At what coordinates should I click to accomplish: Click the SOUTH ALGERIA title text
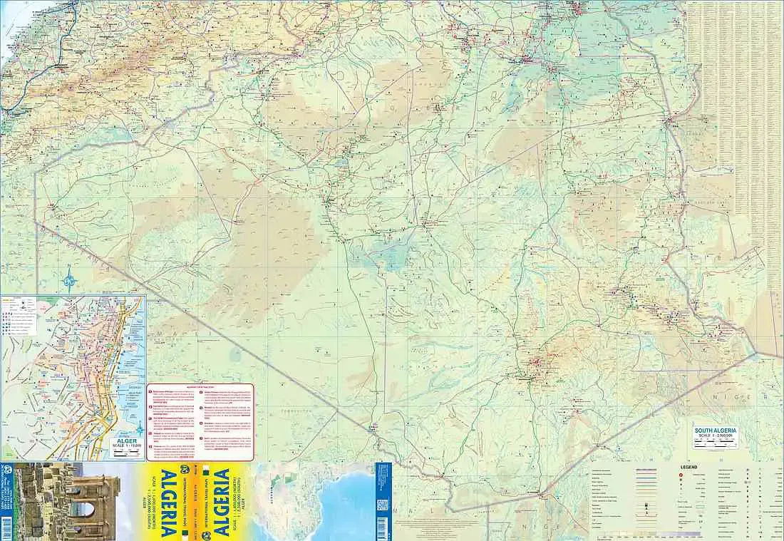[x=716, y=431]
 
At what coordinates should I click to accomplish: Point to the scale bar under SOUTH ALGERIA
[x=716, y=444]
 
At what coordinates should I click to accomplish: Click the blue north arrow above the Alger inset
[x=69, y=277]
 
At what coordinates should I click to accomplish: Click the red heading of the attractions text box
[x=200, y=387]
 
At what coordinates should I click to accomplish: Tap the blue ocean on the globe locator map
[x=335, y=499]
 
